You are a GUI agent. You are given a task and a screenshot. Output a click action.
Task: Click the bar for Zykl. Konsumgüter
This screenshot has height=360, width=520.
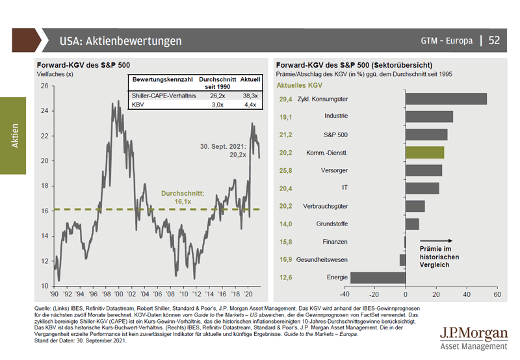446,99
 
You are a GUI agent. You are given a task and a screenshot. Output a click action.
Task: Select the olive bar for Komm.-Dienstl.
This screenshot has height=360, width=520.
424,152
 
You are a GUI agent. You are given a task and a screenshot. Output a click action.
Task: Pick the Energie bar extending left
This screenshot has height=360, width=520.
378,277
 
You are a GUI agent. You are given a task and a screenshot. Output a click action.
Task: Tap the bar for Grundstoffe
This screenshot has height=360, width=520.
412,224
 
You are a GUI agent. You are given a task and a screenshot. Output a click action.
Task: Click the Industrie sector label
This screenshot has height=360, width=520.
335,116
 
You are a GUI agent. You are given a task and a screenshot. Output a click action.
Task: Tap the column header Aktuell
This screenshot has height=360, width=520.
250,79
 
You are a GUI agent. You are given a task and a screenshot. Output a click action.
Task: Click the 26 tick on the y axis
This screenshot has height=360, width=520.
44,86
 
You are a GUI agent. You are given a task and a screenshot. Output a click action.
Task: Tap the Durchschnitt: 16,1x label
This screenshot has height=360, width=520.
183,198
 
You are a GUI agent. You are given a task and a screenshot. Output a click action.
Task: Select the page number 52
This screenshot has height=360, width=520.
494,41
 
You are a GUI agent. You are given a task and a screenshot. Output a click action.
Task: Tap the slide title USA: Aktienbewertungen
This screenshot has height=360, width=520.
120,41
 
